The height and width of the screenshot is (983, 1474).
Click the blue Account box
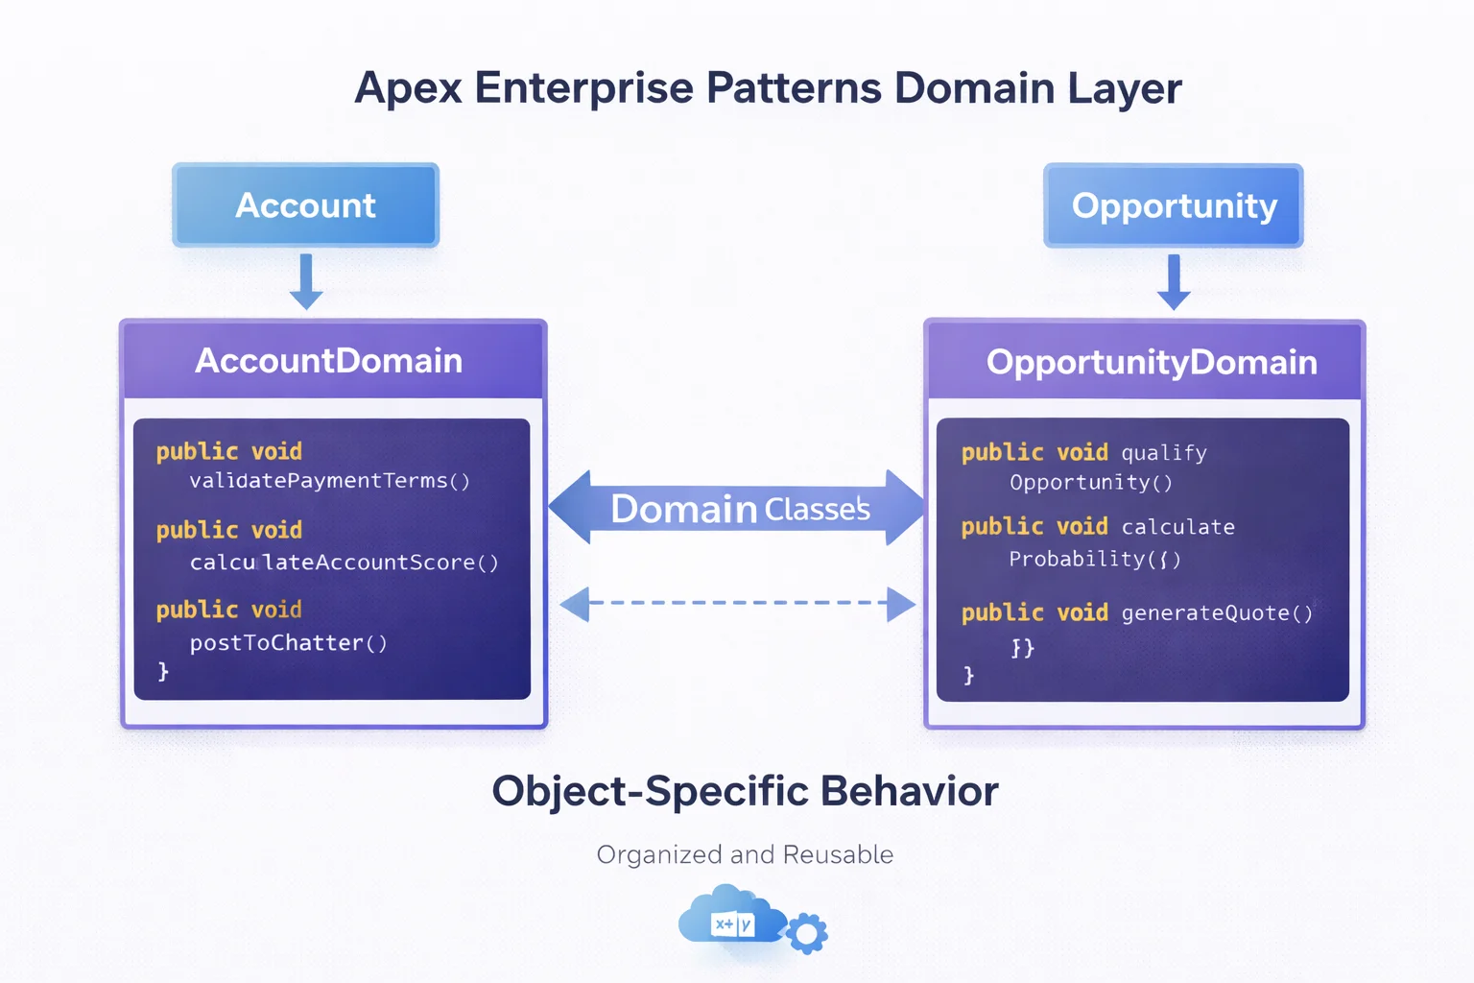(305, 205)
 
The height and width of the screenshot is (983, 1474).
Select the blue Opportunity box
(1173, 205)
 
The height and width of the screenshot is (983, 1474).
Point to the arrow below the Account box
(305, 282)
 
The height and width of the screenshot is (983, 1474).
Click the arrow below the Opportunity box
(1173, 282)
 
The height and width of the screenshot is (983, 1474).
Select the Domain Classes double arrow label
(739, 508)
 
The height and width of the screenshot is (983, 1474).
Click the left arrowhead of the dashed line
(576, 604)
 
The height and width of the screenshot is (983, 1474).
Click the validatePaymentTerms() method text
(329, 481)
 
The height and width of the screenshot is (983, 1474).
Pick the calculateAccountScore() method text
(344, 563)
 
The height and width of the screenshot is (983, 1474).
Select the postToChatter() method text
(288, 643)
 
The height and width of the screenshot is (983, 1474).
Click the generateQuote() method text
(1216, 613)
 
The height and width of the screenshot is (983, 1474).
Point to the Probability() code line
(1094, 559)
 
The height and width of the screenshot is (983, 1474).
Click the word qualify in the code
(1163, 453)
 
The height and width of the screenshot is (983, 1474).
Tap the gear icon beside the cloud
(807, 933)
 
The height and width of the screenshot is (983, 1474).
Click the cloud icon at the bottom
(729, 917)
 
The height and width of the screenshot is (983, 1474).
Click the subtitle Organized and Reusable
(745, 854)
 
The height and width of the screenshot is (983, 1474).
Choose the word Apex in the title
(408, 88)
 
